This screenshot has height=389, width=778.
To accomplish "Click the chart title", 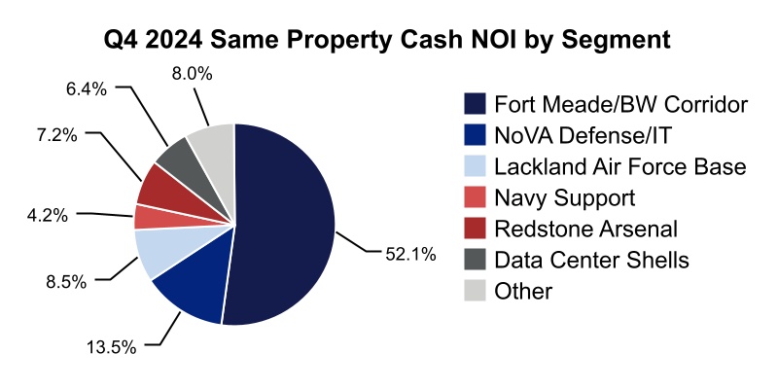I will (389, 41).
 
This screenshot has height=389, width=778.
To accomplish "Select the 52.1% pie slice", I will (287, 224).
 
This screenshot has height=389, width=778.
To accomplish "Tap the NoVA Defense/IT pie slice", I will (190, 287).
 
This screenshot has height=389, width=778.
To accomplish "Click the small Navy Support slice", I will (148, 216).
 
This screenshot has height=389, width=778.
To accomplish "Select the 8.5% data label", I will (66, 281).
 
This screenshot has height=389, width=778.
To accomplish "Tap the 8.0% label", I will (188, 73).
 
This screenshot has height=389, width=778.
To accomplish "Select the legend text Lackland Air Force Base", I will (619, 167).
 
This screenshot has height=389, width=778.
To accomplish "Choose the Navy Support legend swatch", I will (476, 198).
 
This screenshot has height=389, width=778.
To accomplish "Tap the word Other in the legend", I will (522, 291).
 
